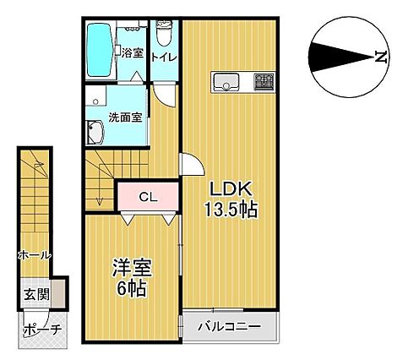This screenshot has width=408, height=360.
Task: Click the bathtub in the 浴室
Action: (x=99, y=50)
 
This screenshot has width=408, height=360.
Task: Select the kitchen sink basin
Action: (x=226, y=82)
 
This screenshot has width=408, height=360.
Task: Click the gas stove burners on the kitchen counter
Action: (x=264, y=81)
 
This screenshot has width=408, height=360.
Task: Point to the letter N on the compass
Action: (x=381, y=57)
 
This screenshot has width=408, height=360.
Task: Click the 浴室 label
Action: (x=133, y=53)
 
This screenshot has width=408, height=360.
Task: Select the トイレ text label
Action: (x=164, y=57)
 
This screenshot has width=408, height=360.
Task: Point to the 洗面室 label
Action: (x=125, y=117)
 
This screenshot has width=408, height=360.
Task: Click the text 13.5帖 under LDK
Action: (x=231, y=210)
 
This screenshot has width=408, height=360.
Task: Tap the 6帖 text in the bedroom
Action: (x=132, y=288)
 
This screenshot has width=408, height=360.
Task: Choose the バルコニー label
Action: (x=229, y=327)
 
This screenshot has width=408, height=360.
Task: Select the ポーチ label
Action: (x=42, y=330)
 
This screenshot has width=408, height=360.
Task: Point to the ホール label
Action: (x=35, y=255)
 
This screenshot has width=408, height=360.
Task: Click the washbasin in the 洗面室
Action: (x=95, y=133)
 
